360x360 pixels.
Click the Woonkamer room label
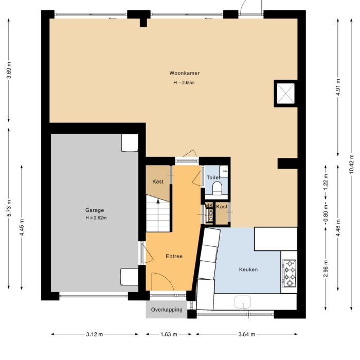click(x=184, y=73)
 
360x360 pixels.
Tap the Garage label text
click(x=95, y=210)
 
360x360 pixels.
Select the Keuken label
click(x=248, y=269)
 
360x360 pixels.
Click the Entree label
click(x=173, y=256)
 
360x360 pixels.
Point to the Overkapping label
click(x=167, y=310)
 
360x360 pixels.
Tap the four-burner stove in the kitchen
click(x=290, y=273)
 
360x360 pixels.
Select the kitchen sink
click(x=242, y=302)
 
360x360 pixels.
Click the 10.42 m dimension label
click(x=351, y=163)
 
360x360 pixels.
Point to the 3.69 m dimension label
click(x=9, y=70)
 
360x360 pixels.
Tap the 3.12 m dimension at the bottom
click(x=95, y=334)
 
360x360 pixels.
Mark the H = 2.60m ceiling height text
click(x=184, y=82)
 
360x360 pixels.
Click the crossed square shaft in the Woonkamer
click(x=285, y=94)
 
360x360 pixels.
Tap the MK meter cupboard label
click(x=209, y=206)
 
